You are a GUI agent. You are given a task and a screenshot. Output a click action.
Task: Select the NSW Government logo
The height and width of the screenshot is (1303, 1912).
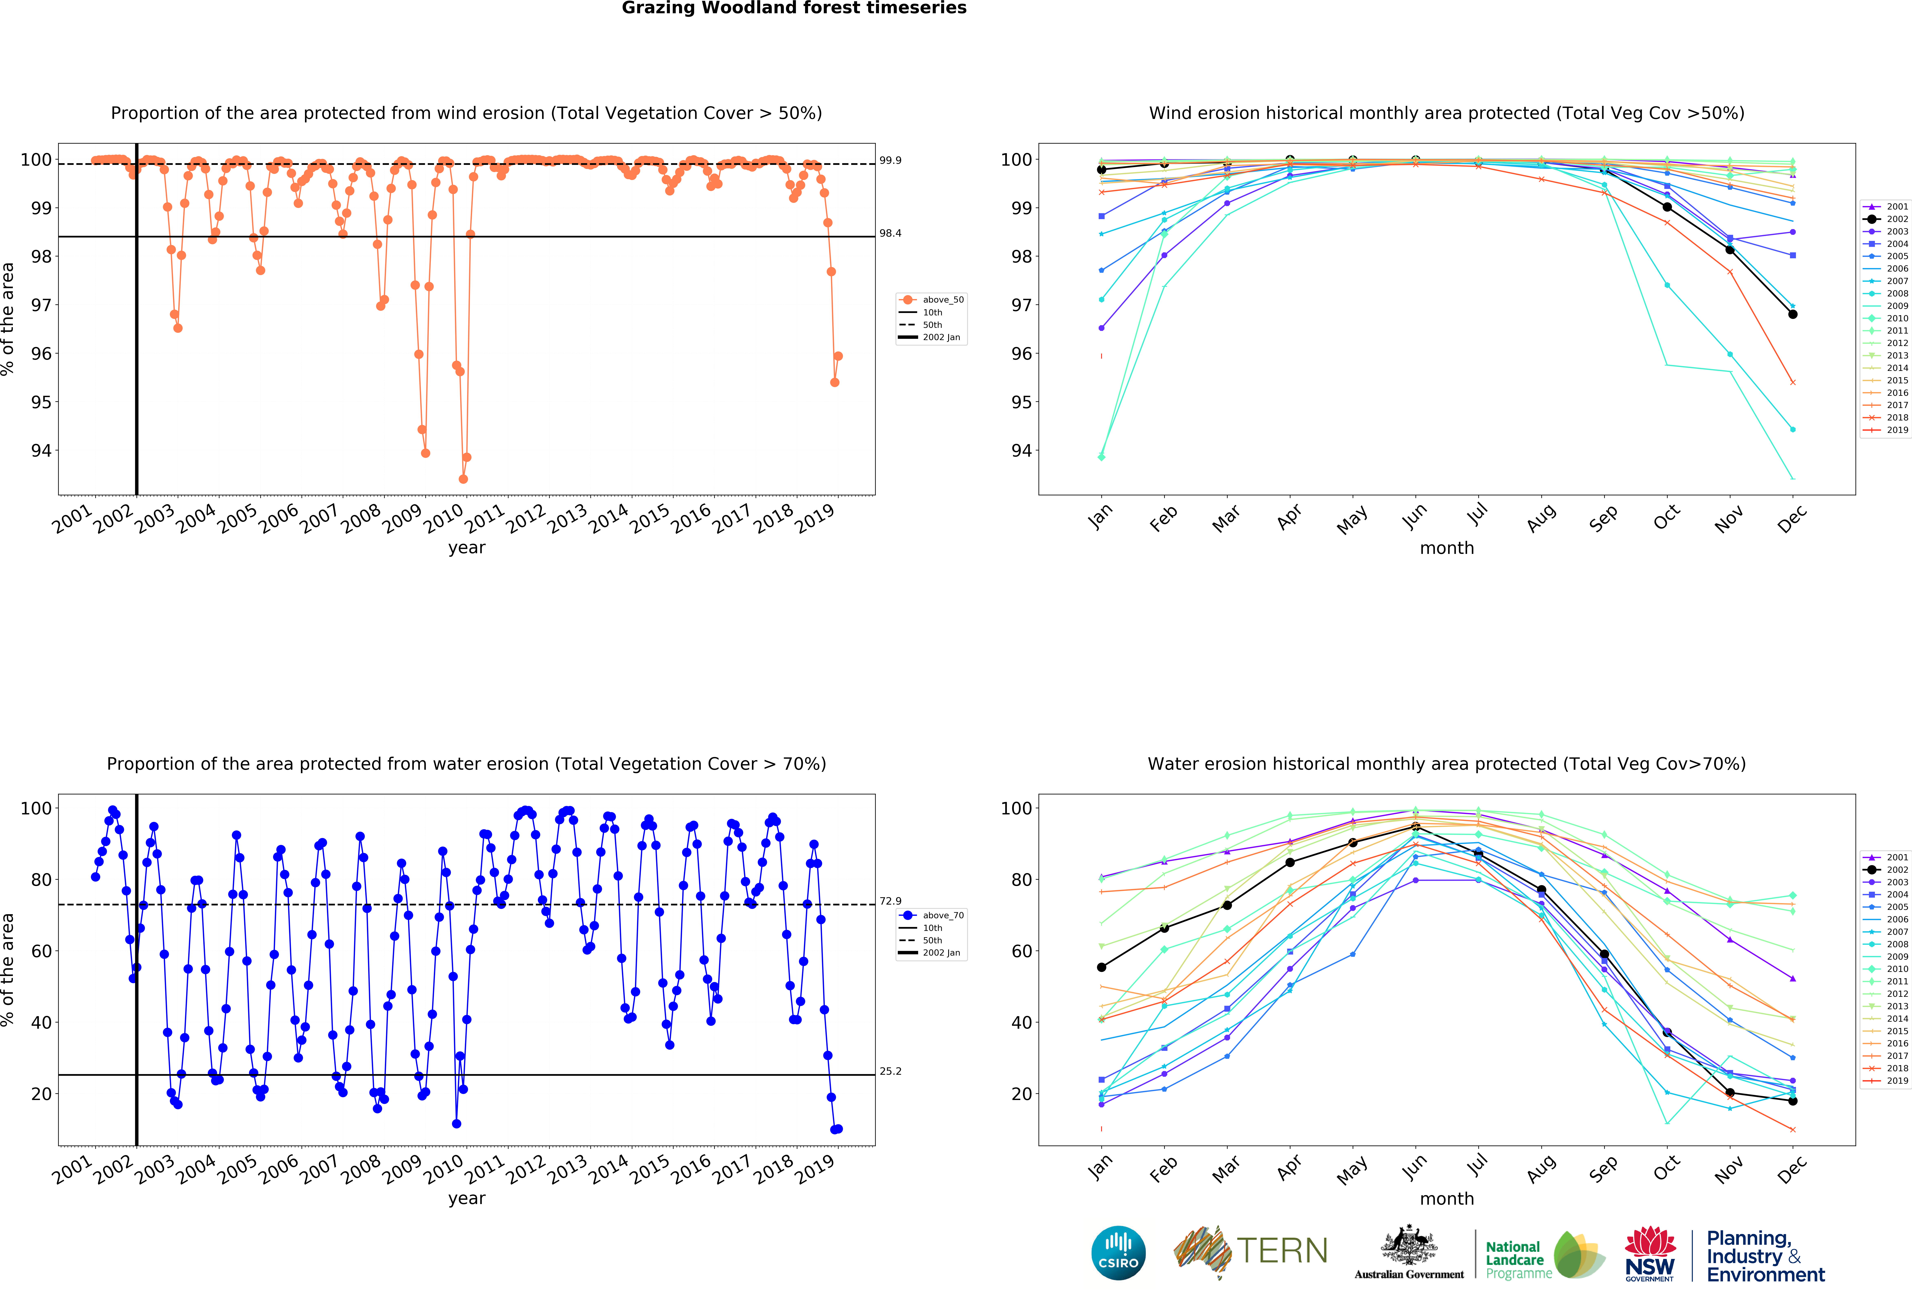coord(1649,1254)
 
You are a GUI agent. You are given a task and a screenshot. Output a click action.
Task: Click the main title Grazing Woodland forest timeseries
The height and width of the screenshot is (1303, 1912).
coord(794,8)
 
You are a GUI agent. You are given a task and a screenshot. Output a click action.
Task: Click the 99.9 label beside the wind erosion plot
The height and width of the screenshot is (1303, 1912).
coord(890,160)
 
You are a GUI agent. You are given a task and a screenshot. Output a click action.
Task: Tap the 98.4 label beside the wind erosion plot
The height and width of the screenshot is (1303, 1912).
coord(890,234)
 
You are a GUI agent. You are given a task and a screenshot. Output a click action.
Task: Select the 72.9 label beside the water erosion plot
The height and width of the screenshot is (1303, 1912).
coord(890,901)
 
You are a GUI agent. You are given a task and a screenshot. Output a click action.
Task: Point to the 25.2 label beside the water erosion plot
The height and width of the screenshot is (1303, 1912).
coord(890,1071)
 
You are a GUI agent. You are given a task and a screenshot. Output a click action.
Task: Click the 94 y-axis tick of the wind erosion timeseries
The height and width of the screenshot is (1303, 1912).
coord(41,451)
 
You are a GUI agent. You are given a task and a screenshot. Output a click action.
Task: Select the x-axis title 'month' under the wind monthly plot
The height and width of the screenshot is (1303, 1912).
coord(1446,548)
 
